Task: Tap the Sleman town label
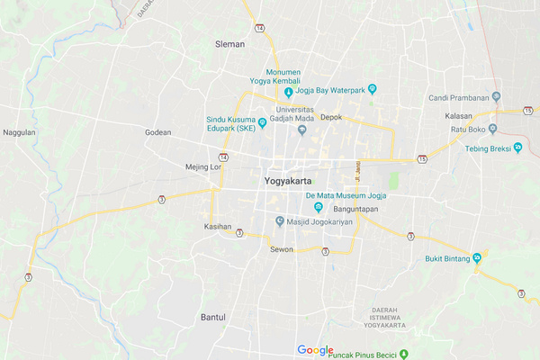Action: (230, 42)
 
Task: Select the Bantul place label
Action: (212, 319)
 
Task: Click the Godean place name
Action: (157, 132)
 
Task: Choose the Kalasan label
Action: (459, 116)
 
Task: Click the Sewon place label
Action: (282, 249)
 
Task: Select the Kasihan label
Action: (218, 226)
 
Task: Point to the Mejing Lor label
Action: (202, 166)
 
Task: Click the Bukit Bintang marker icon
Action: (477, 258)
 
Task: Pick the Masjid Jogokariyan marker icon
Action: (280, 221)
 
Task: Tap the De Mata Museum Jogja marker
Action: (306, 207)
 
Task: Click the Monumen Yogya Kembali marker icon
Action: (289, 92)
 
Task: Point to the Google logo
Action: (315, 350)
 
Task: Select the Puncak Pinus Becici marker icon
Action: (404, 353)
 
